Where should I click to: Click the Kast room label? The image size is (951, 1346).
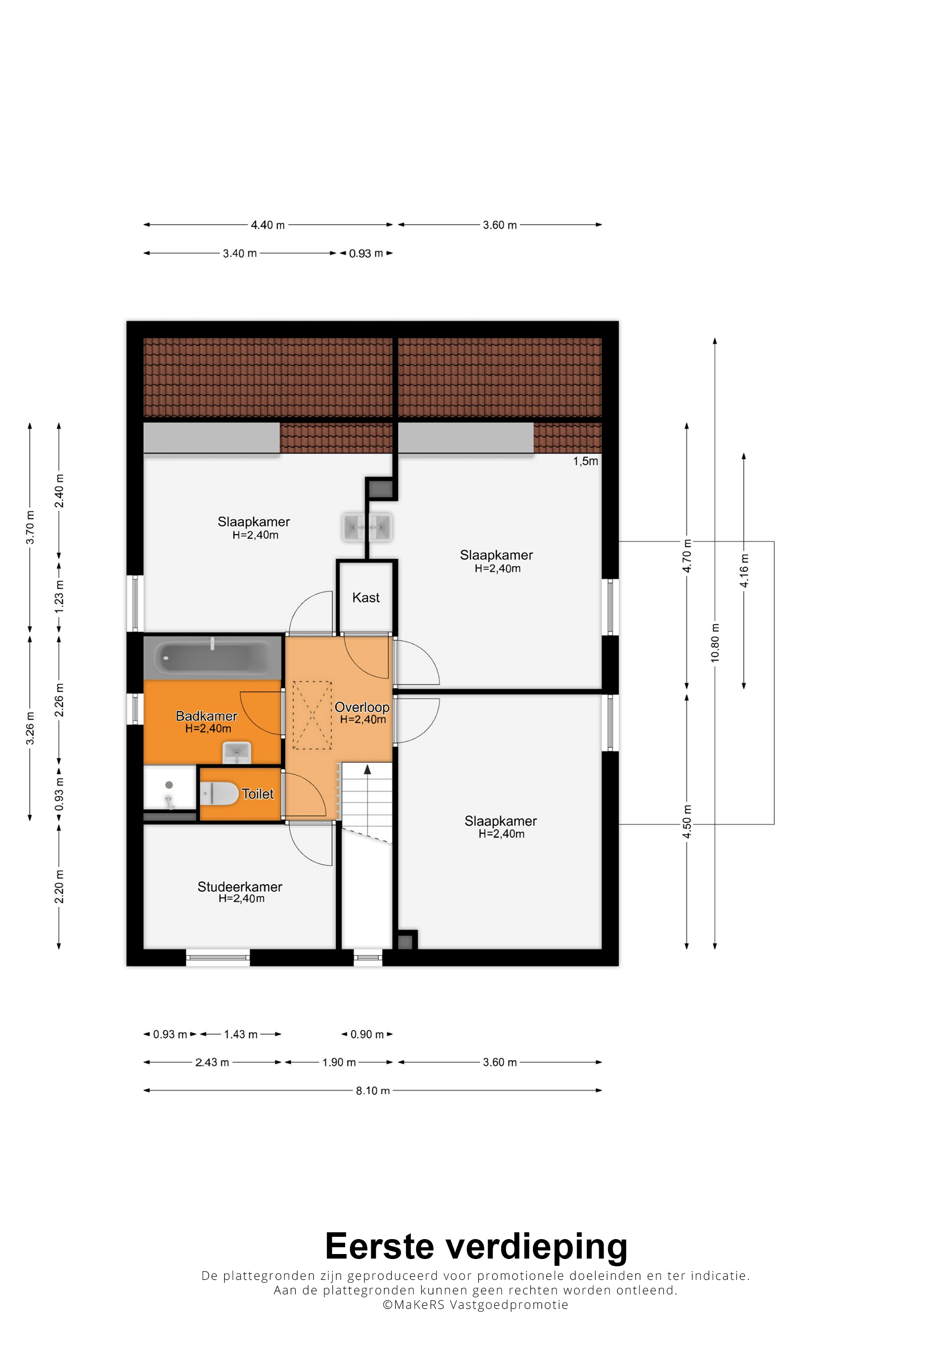point(365,598)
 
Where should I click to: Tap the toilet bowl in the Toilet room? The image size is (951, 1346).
point(220,794)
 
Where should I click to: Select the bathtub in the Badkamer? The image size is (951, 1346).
point(213,658)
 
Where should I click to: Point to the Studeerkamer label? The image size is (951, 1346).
point(240,887)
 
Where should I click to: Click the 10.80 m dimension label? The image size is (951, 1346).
point(715,643)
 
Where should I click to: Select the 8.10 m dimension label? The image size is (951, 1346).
point(373,1090)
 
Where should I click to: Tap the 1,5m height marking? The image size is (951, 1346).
point(586,461)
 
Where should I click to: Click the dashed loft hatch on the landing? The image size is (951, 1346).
point(312,715)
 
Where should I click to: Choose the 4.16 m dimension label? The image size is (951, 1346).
point(744,570)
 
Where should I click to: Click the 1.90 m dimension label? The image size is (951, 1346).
point(339,1062)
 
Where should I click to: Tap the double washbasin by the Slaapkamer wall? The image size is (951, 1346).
point(367,527)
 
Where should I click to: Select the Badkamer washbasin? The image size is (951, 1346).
point(237,752)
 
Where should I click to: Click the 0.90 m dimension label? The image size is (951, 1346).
point(367,1034)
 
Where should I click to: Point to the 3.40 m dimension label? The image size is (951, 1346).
point(240,253)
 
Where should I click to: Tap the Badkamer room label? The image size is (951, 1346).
point(206,716)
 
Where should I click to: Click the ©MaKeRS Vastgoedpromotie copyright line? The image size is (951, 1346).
point(475,1304)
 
